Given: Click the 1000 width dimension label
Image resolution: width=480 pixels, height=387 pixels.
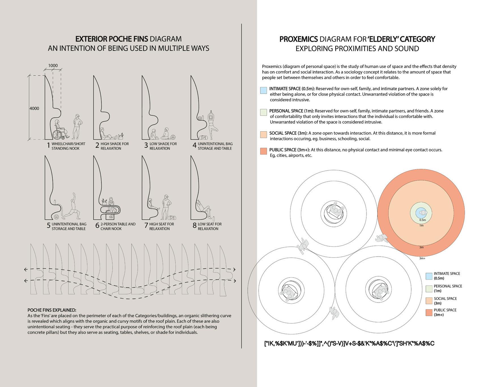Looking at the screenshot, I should (x=53, y=65).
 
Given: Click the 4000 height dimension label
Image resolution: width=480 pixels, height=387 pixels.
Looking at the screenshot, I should (x=34, y=108).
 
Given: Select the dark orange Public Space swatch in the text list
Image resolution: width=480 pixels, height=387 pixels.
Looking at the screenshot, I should (x=263, y=151).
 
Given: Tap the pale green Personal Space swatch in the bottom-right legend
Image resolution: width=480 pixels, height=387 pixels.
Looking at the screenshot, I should (x=429, y=289).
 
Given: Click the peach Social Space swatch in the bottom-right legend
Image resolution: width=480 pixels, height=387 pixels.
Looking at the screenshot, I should (x=429, y=301).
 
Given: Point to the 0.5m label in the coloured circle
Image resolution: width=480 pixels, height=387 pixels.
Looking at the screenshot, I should (x=422, y=220).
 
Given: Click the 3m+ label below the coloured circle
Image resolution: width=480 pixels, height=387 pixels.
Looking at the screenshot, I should (x=422, y=258).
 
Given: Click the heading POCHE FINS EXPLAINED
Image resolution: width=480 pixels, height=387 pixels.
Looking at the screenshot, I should (x=52, y=310).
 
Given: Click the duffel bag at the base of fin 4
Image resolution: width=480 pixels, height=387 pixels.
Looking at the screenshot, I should (x=203, y=138).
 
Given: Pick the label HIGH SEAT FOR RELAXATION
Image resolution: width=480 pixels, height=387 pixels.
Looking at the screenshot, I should (x=162, y=226).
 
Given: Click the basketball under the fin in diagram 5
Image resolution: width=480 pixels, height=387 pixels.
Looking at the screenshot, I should (x=56, y=217).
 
